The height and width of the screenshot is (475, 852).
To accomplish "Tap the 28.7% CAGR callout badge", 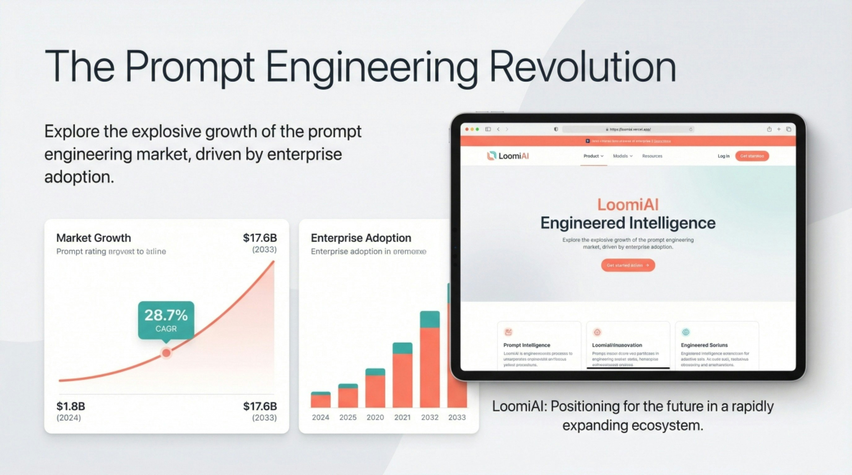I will [x=166, y=319].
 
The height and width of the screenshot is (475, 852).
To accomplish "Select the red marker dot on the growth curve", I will [x=166, y=353].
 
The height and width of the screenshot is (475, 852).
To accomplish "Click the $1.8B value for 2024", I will [x=71, y=406].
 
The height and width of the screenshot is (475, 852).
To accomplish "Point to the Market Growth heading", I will [x=93, y=238].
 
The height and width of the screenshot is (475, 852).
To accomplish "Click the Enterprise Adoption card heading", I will [x=361, y=238].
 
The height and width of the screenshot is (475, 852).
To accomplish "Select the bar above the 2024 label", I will [x=320, y=400].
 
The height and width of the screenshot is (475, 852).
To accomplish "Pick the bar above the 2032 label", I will [x=430, y=360].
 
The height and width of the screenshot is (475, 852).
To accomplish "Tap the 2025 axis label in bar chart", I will [x=348, y=417].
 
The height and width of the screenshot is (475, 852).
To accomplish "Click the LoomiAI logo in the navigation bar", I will [x=508, y=156].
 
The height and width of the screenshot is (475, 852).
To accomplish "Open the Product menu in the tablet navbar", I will [x=593, y=156].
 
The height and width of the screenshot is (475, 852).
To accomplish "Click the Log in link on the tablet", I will [x=723, y=156].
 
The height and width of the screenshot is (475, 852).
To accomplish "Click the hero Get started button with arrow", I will [x=628, y=265].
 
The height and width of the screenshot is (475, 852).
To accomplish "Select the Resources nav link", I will [x=652, y=156].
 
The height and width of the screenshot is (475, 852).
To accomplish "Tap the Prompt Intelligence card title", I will [x=527, y=345].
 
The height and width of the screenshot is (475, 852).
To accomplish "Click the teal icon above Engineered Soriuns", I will [x=686, y=332].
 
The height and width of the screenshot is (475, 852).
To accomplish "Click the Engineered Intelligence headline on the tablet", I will [x=628, y=223].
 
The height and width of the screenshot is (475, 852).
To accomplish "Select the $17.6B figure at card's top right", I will [x=260, y=238].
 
